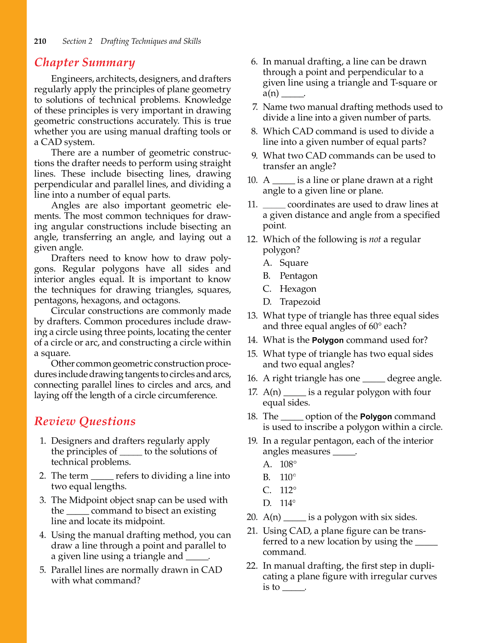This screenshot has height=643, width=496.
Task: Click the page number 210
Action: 40,41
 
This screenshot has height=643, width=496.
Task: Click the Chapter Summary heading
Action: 85,63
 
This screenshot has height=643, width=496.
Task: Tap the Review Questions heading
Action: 85,421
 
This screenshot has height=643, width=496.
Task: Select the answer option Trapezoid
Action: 299,302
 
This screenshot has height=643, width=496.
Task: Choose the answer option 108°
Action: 288,464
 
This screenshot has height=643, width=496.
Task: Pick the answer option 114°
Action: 288,503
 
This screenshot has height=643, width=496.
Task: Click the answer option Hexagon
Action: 298,289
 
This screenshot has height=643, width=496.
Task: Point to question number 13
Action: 252,316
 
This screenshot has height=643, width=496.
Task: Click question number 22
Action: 252,566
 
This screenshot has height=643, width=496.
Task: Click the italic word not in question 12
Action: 375,240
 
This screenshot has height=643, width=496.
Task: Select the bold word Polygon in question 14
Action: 328,341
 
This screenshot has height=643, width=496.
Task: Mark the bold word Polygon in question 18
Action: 376,417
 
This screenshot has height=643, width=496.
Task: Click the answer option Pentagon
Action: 298,276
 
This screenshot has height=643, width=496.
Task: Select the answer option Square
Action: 293,263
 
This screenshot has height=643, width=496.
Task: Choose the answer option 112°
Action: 288,490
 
